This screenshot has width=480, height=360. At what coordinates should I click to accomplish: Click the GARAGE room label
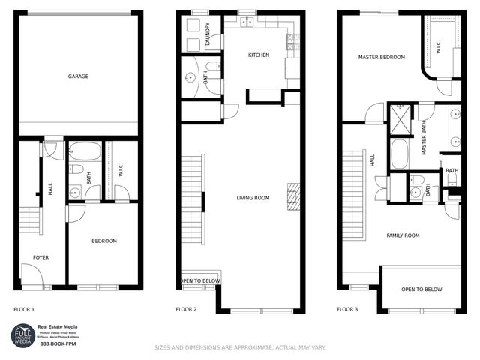[x=79, y=76]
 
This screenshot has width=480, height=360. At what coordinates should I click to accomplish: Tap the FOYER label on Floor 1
[x=40, y=257]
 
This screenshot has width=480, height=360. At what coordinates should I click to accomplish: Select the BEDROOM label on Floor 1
[x=104, y=241]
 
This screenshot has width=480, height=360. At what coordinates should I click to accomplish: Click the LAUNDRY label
[x=207, y=33]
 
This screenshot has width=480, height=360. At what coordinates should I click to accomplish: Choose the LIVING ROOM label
[x=253, y=198]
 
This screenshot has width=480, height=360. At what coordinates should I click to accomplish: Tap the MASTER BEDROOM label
[x=381, y=57]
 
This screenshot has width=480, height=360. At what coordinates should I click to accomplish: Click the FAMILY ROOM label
[x=403, y=235]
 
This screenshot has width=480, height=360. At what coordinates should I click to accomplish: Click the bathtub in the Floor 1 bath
[x=85, y=153]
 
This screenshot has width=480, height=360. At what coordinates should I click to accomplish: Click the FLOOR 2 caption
[x=186, y=309]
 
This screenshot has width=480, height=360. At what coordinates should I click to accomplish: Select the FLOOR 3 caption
[x=347, y=309]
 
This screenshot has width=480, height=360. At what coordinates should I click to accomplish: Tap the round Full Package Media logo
[x=22, y=334]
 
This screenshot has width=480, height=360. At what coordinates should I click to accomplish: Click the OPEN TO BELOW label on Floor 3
[x=421, y=289]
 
